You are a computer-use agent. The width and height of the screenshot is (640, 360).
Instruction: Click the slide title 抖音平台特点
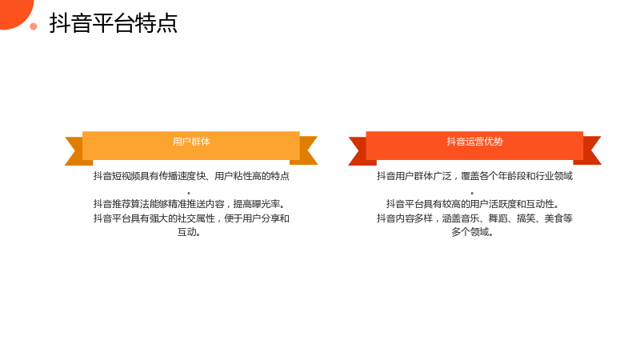[114, 23]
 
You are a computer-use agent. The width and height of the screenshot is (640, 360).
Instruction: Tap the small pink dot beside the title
[34, 26]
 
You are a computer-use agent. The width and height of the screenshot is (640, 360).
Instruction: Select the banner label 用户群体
[191, 142]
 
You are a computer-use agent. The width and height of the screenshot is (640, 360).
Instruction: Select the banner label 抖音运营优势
[474, 142]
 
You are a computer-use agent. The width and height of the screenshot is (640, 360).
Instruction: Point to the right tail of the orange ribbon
[306, 150]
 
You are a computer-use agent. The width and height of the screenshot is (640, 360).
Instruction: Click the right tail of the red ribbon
[590, 150]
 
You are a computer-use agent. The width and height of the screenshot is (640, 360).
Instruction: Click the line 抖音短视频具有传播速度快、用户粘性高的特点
[191, 176]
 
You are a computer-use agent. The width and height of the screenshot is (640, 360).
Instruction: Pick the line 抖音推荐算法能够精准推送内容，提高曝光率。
[190, 204]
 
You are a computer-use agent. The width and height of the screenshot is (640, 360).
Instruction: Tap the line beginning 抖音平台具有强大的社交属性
[191, 218]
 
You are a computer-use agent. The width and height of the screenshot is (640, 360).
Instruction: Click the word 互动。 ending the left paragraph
[189, 232]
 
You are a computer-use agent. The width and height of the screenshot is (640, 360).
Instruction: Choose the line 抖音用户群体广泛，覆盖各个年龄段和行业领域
[474, 176]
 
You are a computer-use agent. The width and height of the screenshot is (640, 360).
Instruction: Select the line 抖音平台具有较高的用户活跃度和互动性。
[473, 204]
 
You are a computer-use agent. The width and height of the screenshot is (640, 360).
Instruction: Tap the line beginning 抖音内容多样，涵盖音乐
[474, 218]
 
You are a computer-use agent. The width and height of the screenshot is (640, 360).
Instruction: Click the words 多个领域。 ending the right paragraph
[473, 232]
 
